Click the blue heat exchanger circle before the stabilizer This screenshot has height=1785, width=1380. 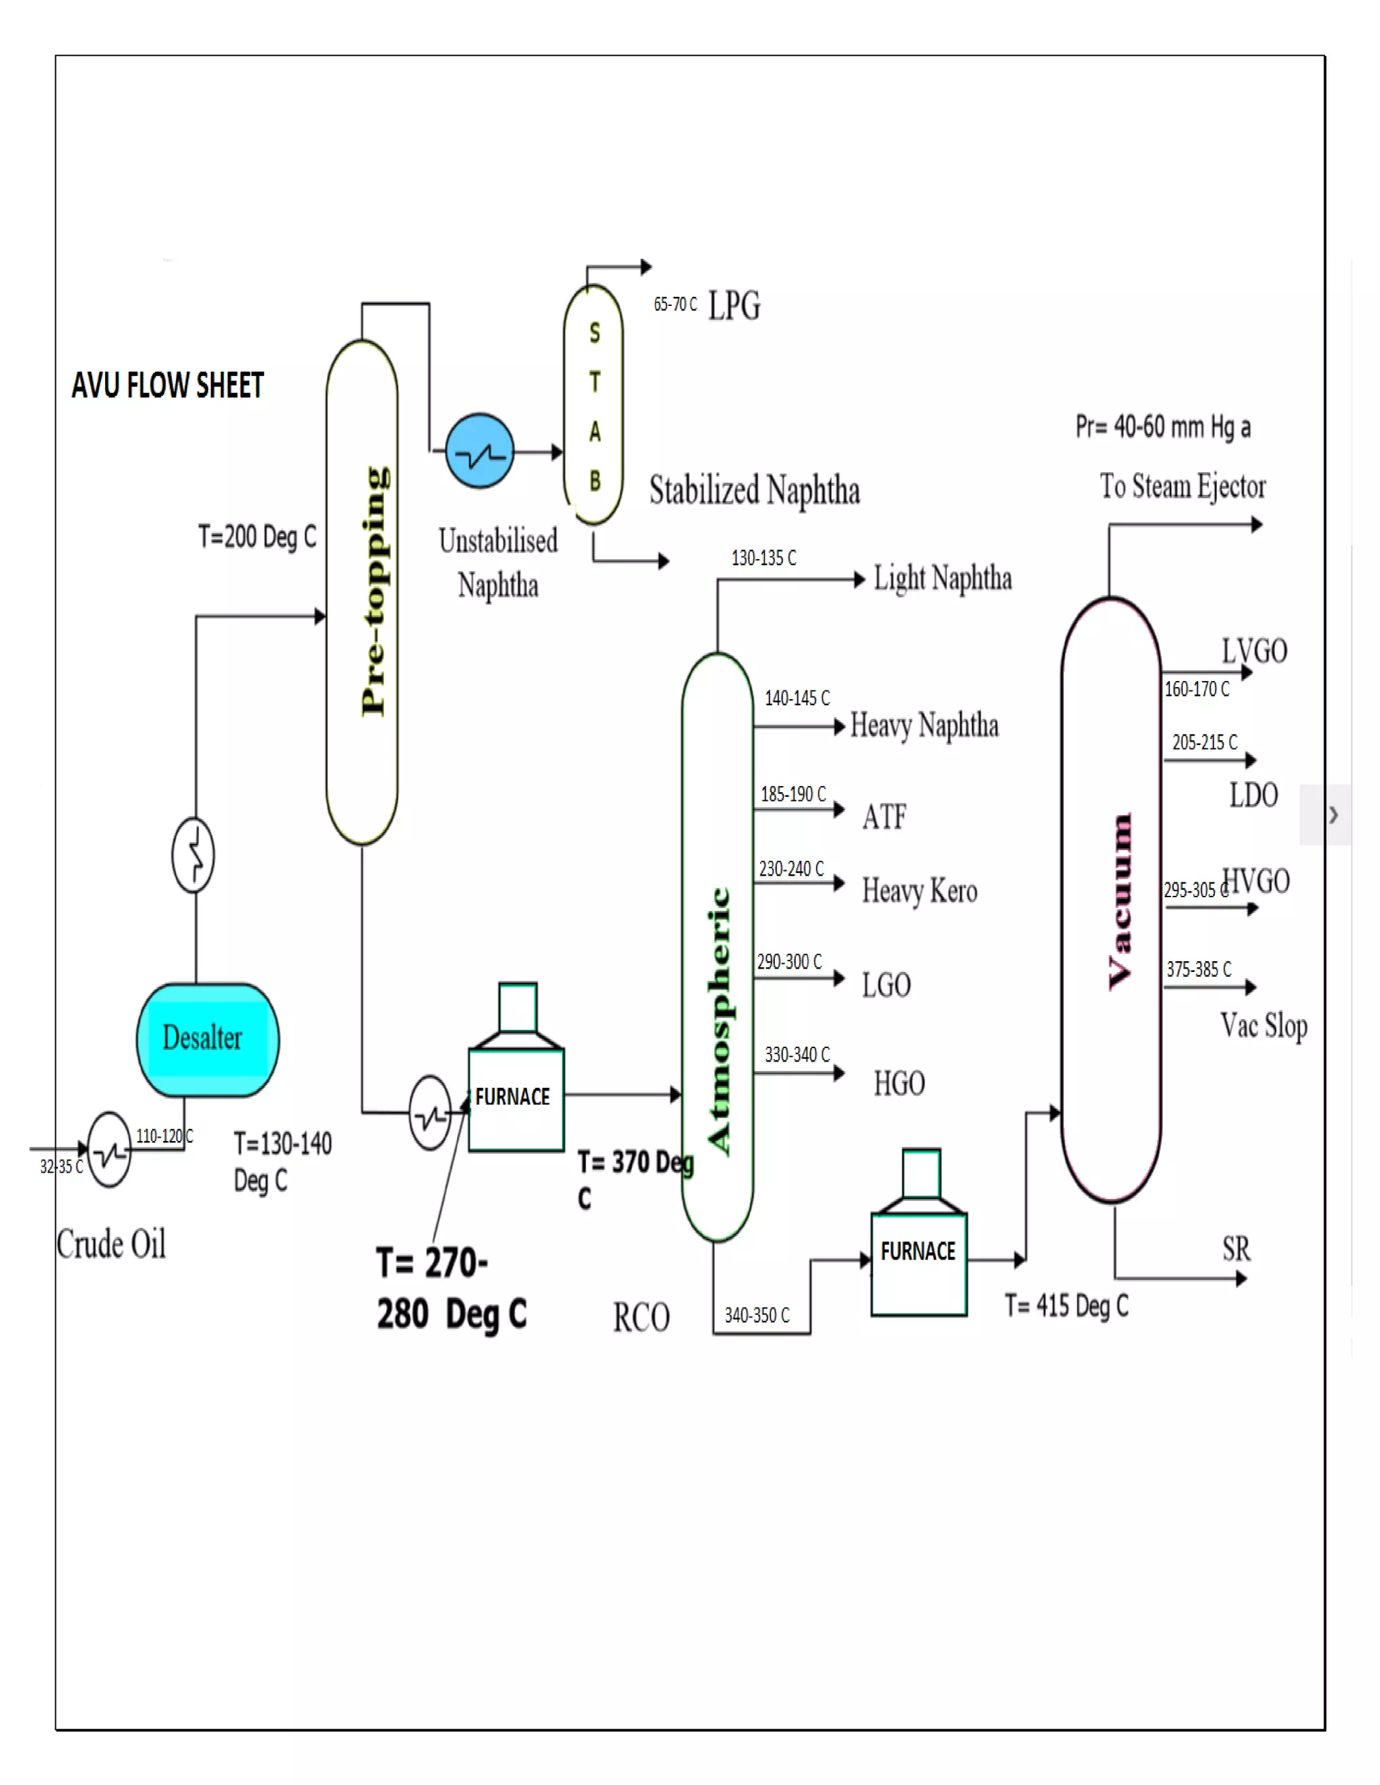click(x=480, y=451)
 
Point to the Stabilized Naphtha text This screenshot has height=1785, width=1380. click(x=754, y=490)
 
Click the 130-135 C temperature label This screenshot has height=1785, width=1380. click(x=763, y=558)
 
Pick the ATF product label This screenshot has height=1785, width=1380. click(x=884, y=816)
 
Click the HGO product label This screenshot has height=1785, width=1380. click(x=898, y=1084)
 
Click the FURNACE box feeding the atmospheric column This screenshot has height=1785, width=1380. click(x=515, y=1099)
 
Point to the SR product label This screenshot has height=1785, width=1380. click(x=1235, y=1249)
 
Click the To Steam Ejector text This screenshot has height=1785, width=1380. click(x=1182, y=486)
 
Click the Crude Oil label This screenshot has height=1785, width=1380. click(x=111, y=1244)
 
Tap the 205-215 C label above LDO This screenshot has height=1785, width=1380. click(x=1203, y=742)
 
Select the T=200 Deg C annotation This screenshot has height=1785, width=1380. click(x=257, y=537)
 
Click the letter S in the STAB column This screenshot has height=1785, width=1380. click(x=594, y=333)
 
